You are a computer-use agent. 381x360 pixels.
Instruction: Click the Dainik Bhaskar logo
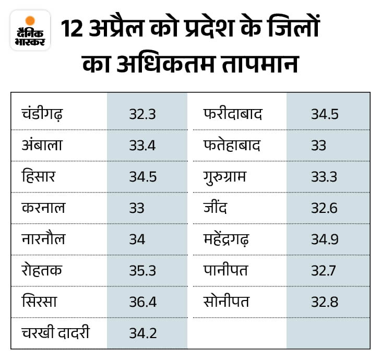[x=30, y=30]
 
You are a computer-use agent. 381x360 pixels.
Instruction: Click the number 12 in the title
[x=73, y=30]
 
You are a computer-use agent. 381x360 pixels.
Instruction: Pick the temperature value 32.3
[x=142, y=114]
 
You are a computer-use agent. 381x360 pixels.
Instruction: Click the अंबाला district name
[x=42, y=145]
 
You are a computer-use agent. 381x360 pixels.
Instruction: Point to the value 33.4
[x=142, y=145]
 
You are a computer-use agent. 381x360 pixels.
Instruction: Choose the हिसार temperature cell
[x=142, y=176]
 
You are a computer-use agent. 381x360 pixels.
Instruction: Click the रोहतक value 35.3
[x=142, y=270]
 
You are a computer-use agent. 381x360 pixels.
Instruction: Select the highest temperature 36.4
[x=142, y=302]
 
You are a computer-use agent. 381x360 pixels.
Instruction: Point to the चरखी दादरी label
[x=56, y=333]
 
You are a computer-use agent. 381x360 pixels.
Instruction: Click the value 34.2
[x=142, y=333]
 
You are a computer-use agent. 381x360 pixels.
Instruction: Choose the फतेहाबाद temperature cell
[x=319, y=145]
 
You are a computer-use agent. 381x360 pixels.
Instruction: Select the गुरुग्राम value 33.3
[x=324, y=176]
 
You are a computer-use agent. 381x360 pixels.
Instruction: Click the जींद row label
[x=216, y=208]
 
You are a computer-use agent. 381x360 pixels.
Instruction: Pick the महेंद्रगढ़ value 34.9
[x=324, y=239]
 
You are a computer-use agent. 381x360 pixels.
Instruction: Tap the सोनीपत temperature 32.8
[x=324, y=302]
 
